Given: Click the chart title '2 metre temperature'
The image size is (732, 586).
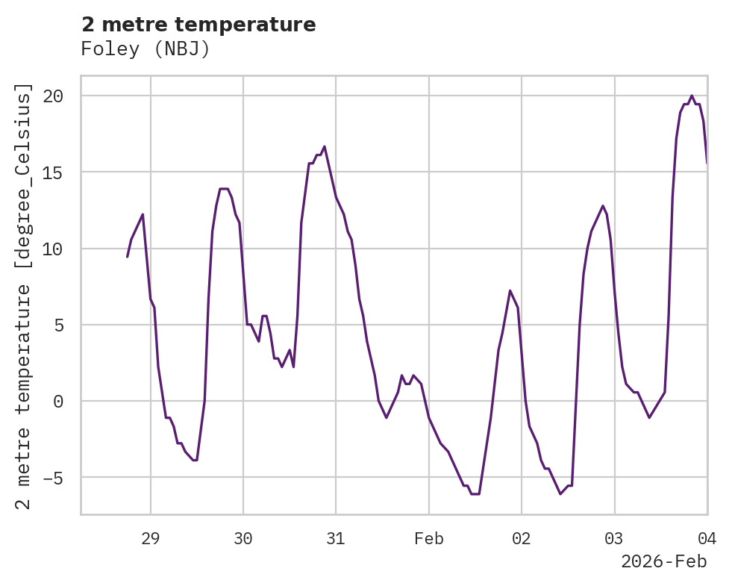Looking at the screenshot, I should coord(198,25).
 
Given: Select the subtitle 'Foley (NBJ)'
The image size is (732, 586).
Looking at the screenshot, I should coord(146,49).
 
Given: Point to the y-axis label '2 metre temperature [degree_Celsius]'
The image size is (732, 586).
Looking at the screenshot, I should coord(25,296).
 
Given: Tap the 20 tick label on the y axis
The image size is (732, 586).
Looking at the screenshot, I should coord(53,96).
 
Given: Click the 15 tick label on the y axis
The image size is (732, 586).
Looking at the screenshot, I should coord(53,172).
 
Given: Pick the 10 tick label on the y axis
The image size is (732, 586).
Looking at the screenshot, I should coord(53,249).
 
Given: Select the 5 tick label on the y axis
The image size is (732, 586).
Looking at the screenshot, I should coord(58,325).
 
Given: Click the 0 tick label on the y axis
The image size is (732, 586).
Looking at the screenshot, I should coord(58,402).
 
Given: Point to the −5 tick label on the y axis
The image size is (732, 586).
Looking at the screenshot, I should coord(53,478).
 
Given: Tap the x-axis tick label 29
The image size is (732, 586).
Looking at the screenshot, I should coord(151,539).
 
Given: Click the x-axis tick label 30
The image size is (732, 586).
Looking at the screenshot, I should coord(243,539).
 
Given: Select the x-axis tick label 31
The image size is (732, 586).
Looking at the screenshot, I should coord(336,539).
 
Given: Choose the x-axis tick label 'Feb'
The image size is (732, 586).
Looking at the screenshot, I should coord(429,539).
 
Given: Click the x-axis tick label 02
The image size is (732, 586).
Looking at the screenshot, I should coord(522,539).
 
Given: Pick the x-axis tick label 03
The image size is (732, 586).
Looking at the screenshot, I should coord(614,539).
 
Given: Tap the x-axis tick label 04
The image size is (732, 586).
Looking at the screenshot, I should coord(707,539).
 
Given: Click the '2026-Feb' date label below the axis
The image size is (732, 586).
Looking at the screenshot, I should coord(663,561).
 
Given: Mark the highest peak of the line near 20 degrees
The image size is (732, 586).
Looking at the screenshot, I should coord(692,96).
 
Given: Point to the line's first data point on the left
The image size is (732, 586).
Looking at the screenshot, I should coord(128,257).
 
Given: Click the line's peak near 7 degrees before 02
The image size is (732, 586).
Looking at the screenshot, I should coord(510,290).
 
